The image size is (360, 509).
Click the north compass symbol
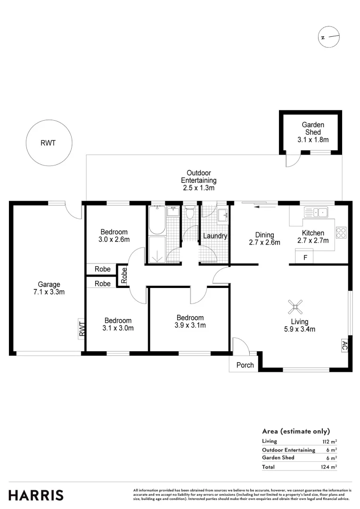pos(328,38)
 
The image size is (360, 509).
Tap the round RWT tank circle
pos(48,143)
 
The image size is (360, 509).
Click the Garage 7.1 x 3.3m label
pos(49,288)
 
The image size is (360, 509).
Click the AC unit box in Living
pos(344,345)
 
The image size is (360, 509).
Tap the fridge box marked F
pos(305,257)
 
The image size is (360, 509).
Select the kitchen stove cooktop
pos(340,232)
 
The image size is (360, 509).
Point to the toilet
pos(190,213)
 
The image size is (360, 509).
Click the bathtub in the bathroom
pos(156,221)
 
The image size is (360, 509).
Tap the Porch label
pos(245,365)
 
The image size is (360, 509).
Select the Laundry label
pos(215,236)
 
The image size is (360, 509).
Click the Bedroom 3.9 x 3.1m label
pos(190,321)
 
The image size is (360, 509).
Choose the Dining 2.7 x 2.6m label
pos(264,238)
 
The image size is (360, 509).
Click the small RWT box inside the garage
pos(82,328)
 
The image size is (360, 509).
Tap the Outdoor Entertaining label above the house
pos(198,181)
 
